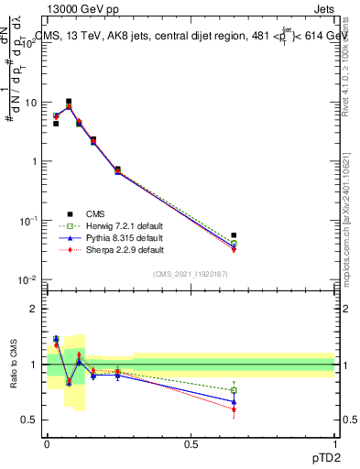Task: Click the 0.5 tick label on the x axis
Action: (x=191, y=443)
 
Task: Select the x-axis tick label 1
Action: (x=334, y=443)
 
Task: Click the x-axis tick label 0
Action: (x=47, y=443)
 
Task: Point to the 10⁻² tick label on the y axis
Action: (x=27, y=279)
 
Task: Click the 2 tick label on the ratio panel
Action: (x=35, y=310)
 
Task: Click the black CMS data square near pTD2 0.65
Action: (x=234, y=235)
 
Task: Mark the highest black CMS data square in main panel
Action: (x=69, y=102)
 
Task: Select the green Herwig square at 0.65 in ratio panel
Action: (x=234, y=390)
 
